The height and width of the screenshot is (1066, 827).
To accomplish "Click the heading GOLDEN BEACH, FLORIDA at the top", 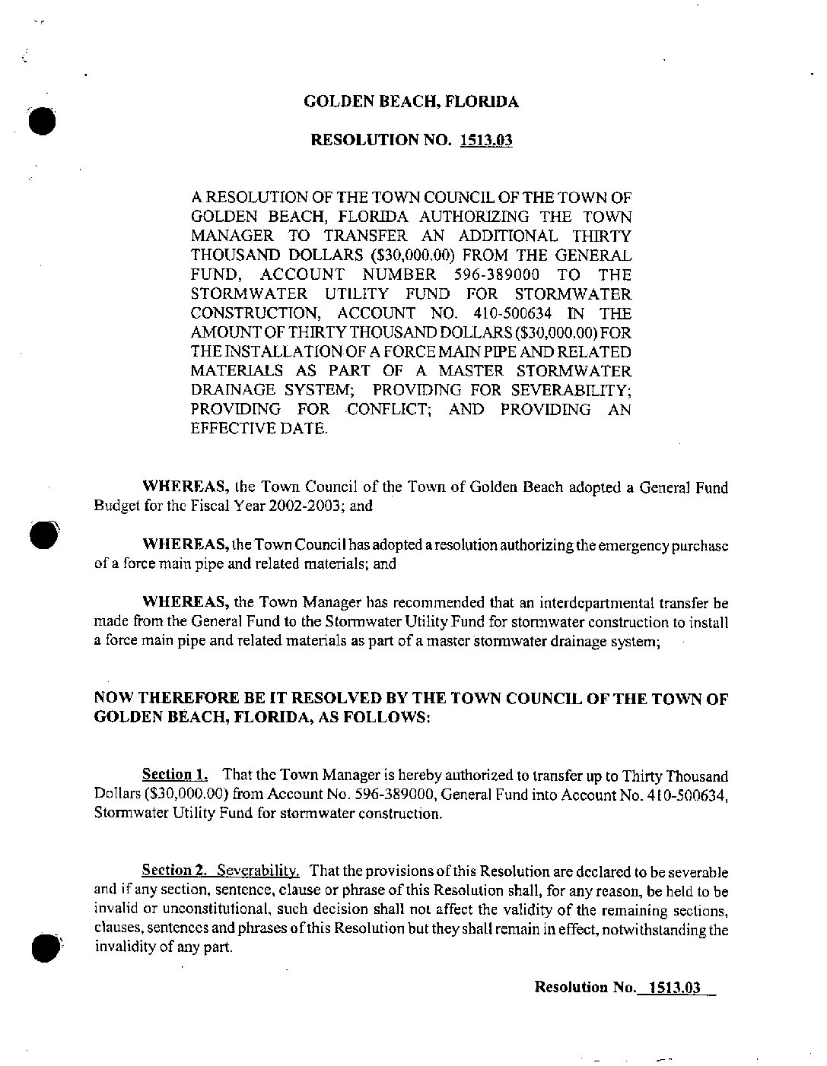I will (x=411, y=101).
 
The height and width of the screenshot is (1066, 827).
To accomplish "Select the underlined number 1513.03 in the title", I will (x=486, y=141).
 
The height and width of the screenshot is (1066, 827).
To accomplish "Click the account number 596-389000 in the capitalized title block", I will (x=496, y=274).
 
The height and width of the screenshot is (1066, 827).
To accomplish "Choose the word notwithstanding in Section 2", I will (x=654, y=929).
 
